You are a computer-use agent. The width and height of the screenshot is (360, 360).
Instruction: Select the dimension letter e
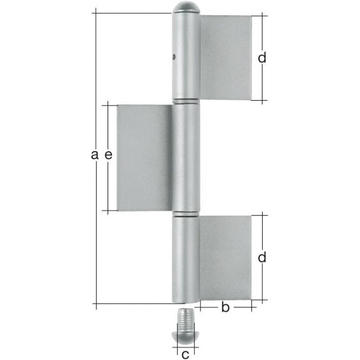tap(108, 154)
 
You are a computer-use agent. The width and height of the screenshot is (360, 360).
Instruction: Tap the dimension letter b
tap(225, 308)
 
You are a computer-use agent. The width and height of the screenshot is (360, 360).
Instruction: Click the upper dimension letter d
tap(262, 58)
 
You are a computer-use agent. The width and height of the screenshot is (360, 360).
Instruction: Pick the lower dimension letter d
tap(262, 258)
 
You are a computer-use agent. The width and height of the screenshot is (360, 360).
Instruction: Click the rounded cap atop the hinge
tap(186, 8)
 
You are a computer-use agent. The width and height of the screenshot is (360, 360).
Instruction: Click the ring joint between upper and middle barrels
tap(186, 101)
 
